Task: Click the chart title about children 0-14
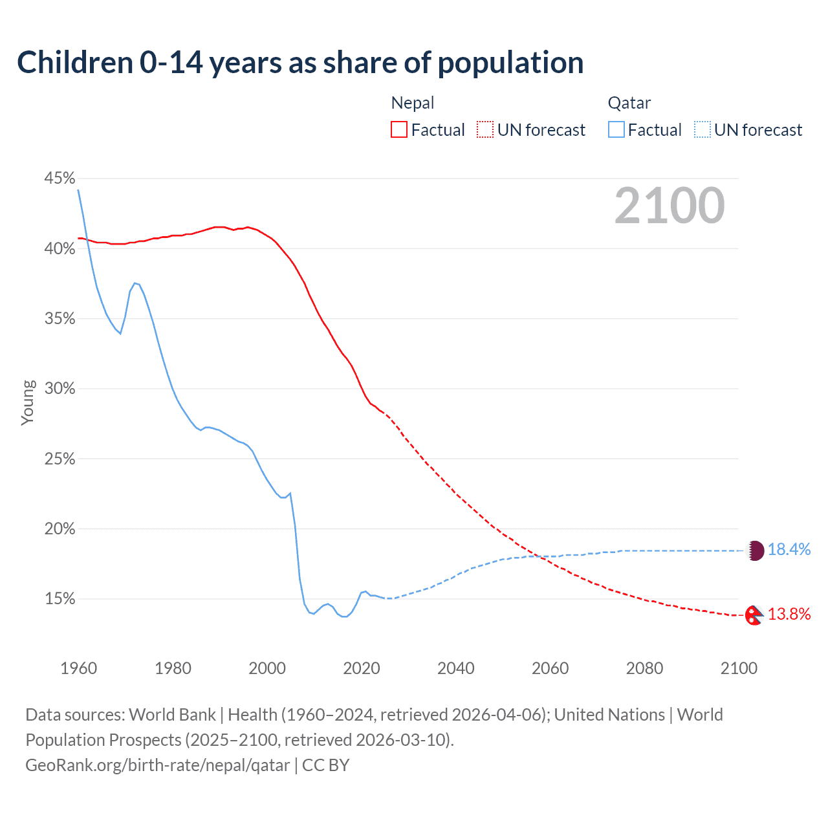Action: tap(300, 63)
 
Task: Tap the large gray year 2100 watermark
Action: tap(670, 206)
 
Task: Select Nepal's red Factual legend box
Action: tap(399, 130)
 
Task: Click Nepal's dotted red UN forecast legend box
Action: tap(485, 130)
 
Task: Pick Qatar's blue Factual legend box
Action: tap(616, 130)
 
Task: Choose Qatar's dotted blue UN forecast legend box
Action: tap(703, 130)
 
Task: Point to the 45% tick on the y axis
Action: tap(60, 178)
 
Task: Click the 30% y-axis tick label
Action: tap(60, 388)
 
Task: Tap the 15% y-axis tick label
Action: tap(60, 599)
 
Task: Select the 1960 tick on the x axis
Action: tap(78, 668)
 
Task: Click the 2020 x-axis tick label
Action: tap(362, 668)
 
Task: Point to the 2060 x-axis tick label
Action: tap(550, 668)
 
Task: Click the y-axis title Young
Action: tap(27, 402)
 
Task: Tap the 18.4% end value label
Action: tap(789, 550)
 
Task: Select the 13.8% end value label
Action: tap(789, 615)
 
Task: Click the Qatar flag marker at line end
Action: tap(756, 550)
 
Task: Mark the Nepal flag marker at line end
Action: tap(754, 615)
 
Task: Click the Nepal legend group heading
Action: tap(413, 103)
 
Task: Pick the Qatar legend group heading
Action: tap(629, 103)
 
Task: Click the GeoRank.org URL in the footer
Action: tap(158, 765)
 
